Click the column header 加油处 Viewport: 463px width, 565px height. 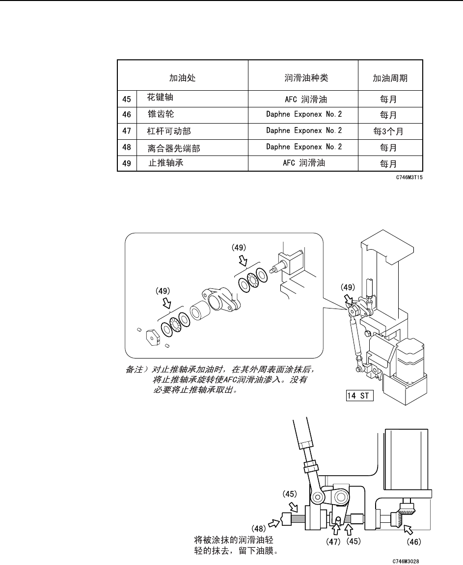point(182,78)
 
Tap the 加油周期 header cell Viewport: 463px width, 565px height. point(390,78)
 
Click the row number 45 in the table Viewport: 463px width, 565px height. point(127,99)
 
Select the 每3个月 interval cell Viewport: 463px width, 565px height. point(390,131)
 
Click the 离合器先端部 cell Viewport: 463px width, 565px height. point(174,148)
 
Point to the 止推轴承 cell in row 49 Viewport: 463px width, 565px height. point(166,163)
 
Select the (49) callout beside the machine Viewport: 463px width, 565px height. point(348,287)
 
